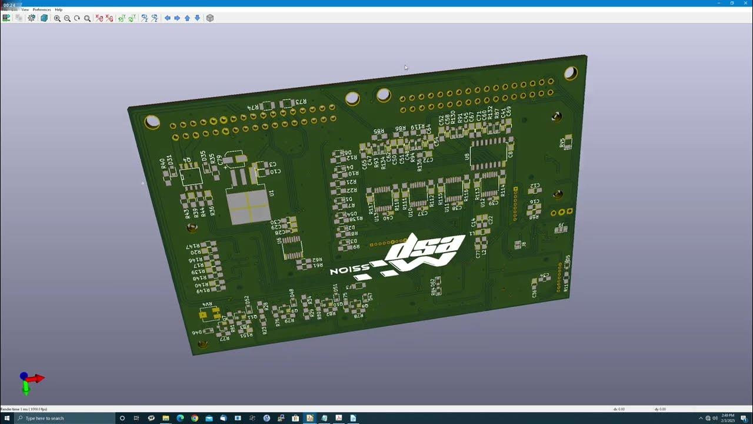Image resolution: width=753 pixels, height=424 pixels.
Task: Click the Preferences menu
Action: pos(42,9)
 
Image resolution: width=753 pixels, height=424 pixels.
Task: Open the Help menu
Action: pos(58,9)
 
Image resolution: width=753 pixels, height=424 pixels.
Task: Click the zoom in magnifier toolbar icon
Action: pos(57,18)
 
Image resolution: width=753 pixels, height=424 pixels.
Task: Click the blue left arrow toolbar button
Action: pos(167,18)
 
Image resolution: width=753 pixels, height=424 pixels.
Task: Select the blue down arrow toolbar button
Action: pos(197,18)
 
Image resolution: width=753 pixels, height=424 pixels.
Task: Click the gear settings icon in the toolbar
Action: pos(32,18)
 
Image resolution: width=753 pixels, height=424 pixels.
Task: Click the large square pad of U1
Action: pos(248,207)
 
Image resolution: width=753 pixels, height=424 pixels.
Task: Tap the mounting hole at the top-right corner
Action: pos(571,74)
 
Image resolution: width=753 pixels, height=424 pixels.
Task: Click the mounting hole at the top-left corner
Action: pos(152,122)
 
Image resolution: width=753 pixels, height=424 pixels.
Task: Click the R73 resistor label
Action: pos(300,102)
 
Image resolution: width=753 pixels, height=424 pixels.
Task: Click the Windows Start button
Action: pos(6,418)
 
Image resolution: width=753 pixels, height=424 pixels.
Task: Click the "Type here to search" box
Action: pos(59,418)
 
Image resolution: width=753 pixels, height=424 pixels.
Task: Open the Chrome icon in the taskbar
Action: pos(194,418)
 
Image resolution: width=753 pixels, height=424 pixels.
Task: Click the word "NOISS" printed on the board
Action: pos(349,270)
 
